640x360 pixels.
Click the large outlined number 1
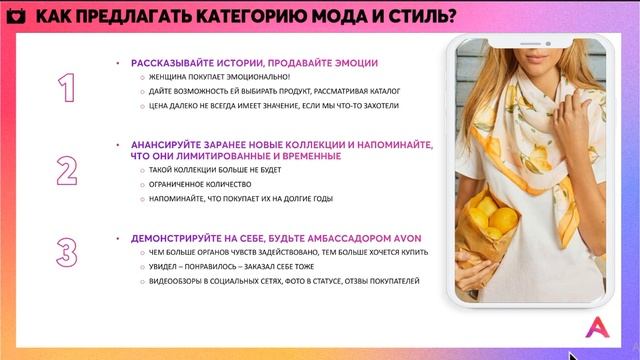coord(67,89)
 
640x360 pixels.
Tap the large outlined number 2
coord(67,170)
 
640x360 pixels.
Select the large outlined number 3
coord(67,252)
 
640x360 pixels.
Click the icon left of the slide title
coord(17,15)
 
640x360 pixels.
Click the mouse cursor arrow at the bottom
coord(573,354)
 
